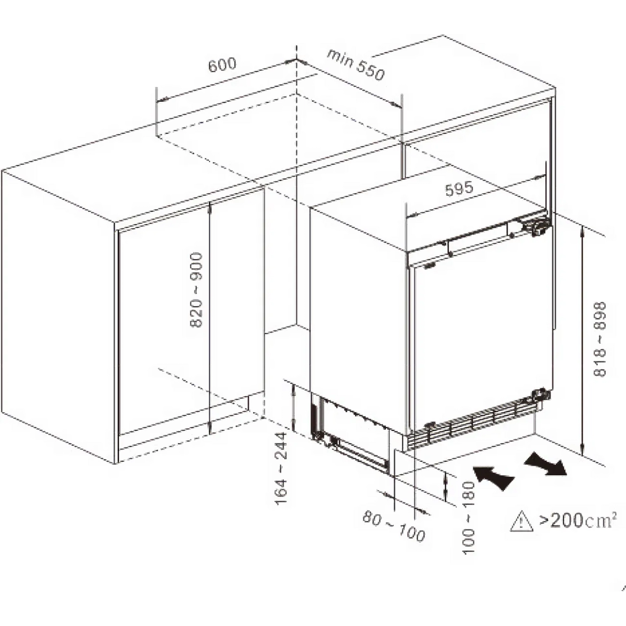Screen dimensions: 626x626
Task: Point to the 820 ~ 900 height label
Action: point(196,290)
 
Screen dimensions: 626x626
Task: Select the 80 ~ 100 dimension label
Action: point(393,531)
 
